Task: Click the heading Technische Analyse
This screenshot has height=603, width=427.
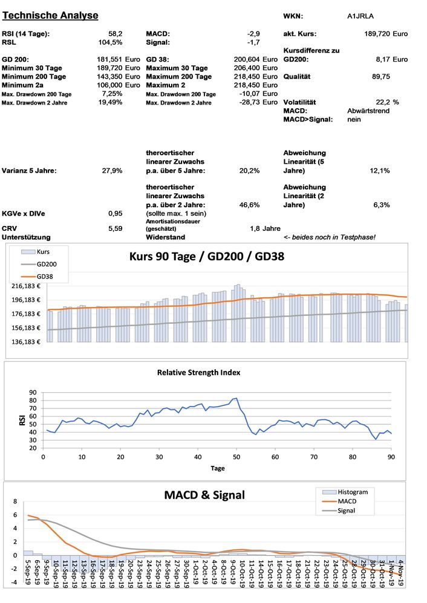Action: click(x=50, y=15)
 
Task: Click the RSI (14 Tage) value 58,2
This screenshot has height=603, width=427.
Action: click(x=115, y=34)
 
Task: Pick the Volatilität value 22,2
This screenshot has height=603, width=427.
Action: click(x=383, y=103)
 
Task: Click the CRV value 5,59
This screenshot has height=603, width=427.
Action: click(x=115, y=228)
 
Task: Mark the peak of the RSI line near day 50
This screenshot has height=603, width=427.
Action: click(x=236, y=398)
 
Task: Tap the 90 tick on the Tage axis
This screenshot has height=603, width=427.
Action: click(x=391, y=457)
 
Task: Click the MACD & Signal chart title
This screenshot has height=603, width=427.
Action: click(x=204, y=495)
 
